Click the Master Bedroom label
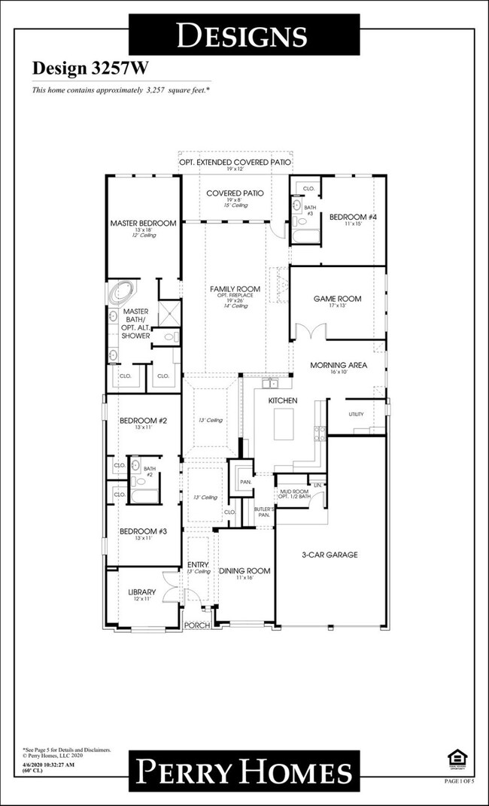point(143,224)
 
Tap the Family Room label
point(235,289)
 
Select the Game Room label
point(337,299)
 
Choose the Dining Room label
point(244,571)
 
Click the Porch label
point(197,625)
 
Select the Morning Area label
point(339,365)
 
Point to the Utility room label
point(356,415)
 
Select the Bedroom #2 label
point(141,421)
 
